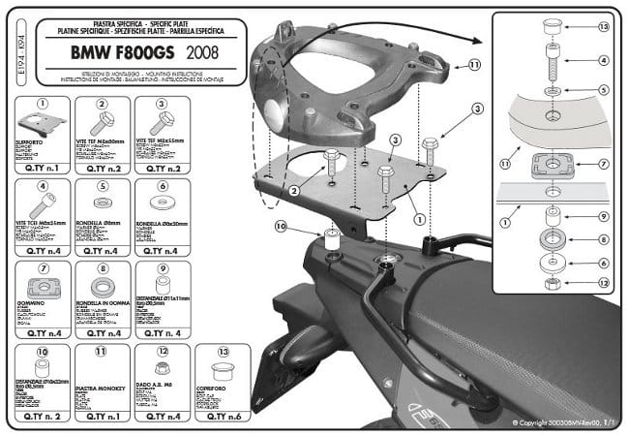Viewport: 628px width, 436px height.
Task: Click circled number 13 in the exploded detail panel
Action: click(603, 26)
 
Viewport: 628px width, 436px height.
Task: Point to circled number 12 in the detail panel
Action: click(603, 283)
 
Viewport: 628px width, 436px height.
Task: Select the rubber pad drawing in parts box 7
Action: click(43, 287)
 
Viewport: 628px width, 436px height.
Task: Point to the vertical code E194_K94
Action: click(12, 53)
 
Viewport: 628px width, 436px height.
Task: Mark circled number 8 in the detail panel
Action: click(603, 238)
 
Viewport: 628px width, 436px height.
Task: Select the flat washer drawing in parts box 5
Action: click(102, 204)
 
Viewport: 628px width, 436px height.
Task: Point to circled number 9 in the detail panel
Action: click(603, 216)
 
